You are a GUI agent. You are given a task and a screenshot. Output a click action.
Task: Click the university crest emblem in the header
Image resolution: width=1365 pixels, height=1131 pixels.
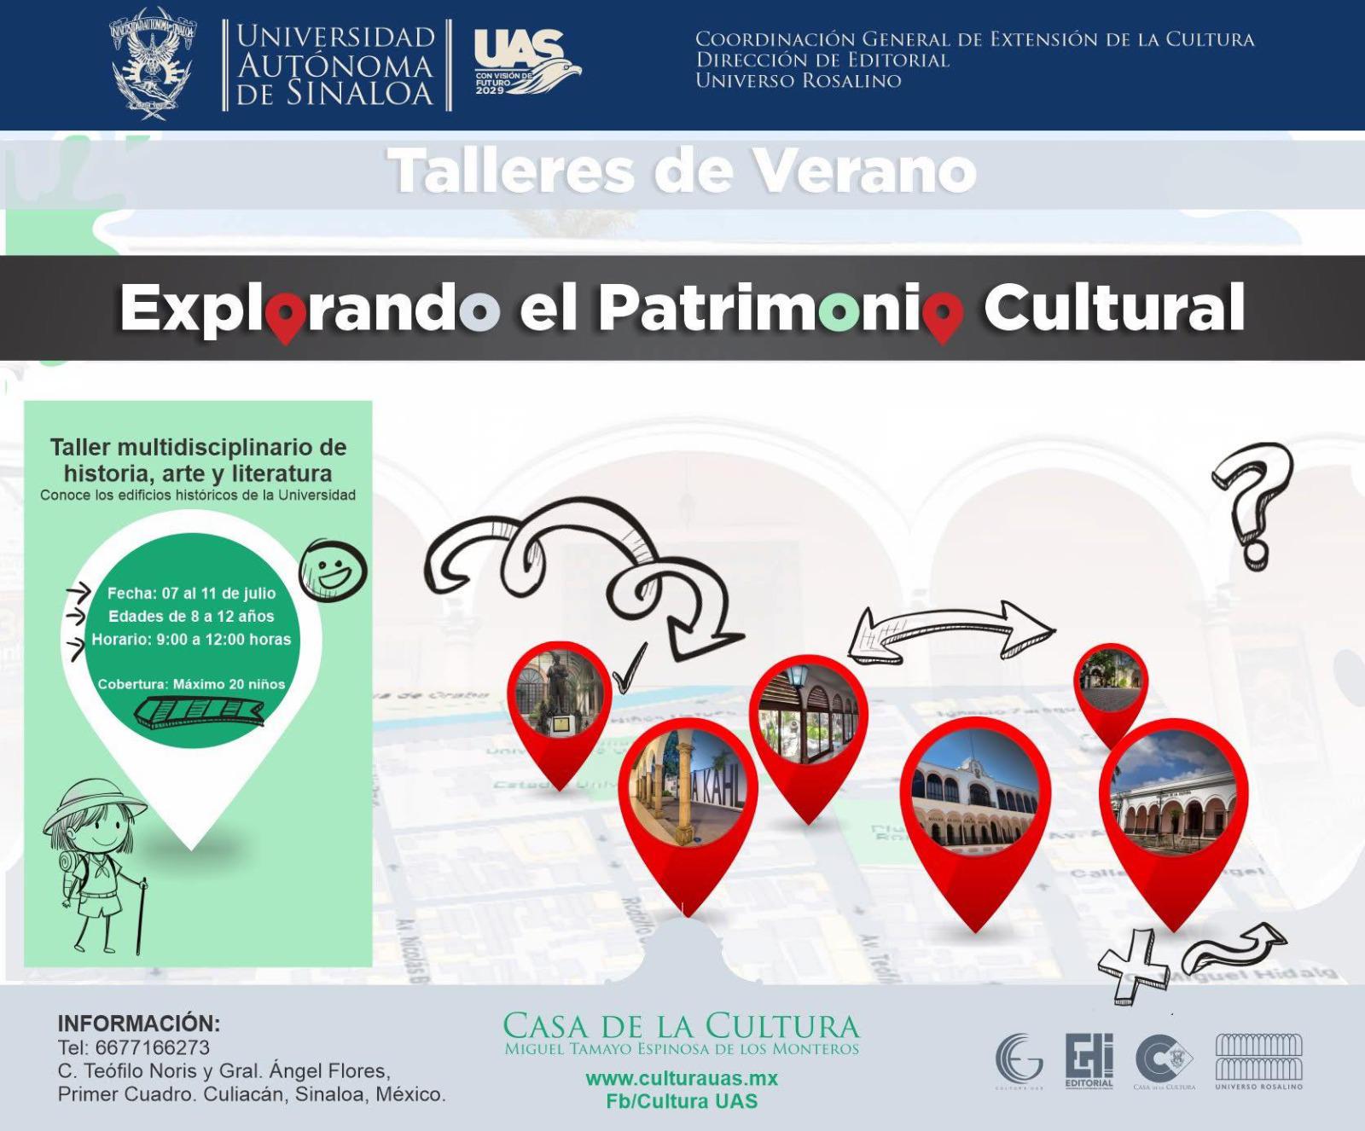tap(154, 64)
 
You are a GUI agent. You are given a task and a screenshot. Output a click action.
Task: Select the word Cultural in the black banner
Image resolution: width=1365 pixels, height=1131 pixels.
tap(1113, 308)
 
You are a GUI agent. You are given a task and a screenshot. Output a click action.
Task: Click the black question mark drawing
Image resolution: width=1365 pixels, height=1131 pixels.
tap(1252, 503)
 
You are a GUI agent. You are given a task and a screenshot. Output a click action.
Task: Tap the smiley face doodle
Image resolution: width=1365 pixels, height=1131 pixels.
tap(333, 569)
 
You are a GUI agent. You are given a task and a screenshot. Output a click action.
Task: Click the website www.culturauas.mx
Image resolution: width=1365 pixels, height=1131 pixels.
tap(682, 1078)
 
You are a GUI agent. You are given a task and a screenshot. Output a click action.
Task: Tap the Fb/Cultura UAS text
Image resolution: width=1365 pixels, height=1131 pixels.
tap(682, 1101)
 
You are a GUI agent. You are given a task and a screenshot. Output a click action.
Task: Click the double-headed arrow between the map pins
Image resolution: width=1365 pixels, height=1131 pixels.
tap(952, 631)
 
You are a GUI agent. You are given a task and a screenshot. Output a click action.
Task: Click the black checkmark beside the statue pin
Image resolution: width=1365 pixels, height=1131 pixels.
tap(630, 670)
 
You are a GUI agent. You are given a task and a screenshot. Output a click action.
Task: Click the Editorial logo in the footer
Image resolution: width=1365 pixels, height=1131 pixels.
tap(1089, 1058)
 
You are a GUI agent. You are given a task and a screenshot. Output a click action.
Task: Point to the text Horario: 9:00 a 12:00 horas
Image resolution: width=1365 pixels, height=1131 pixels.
tap(191, 639)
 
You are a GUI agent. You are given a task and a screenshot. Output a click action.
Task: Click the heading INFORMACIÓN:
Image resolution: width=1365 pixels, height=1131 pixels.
tap(139, 1023)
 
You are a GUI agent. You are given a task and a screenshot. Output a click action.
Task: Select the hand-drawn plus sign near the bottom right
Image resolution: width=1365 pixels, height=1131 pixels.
tap(1135, 966)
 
